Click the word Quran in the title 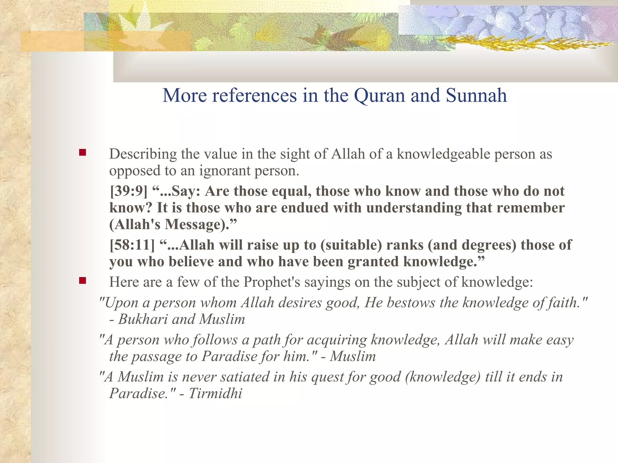pos(380,96)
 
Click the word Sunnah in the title pos(476,96)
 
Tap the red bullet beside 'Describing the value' pos(82,153)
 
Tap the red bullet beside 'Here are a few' pos(82,281)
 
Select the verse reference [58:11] pos(132,245)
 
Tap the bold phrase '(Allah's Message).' pos(173,225)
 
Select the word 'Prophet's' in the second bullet pos(272,282)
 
